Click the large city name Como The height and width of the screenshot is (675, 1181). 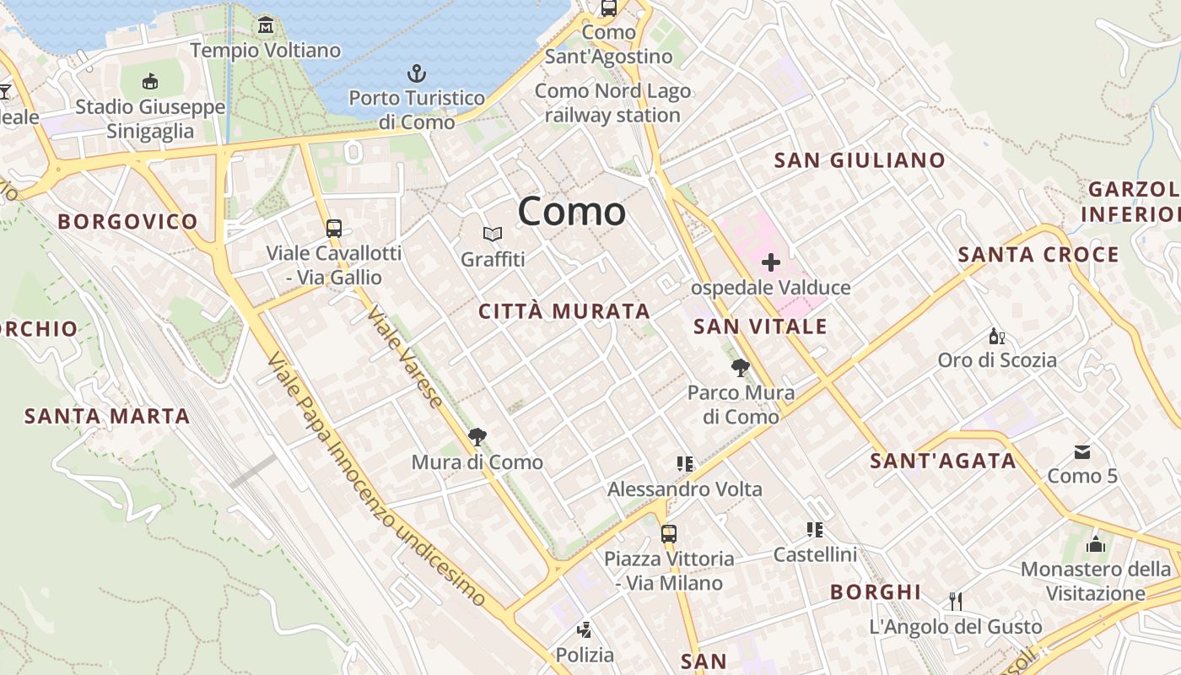coord(572,211)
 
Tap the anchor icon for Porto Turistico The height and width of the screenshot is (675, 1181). coord(417,73)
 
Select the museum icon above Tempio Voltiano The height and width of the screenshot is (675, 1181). coord(266,25)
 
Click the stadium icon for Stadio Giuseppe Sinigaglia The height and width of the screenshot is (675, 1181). coord(150,81)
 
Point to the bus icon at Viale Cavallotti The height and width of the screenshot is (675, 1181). coord(334,228)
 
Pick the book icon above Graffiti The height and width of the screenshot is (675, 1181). coord(493,234)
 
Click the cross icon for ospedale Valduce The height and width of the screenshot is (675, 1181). coord(770,262)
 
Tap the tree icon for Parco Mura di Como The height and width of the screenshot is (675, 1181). coord(741,367)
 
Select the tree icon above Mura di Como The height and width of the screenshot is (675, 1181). coord(477,436)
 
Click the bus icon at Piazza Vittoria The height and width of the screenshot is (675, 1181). coord(669,533)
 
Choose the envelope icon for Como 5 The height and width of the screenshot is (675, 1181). coord(1082,452)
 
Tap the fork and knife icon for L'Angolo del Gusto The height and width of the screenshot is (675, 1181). coord(956,601)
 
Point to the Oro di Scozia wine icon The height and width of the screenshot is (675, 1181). coord(996,336)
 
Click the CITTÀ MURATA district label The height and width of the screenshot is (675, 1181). coord(564,311)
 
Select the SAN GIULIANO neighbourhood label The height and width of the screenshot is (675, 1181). coord(860,160)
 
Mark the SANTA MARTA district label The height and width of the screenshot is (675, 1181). coord(107,416)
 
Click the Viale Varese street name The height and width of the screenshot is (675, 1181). coord(404,356)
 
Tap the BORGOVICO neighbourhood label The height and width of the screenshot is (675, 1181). coord(127,222)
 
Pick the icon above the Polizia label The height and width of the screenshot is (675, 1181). coord(584,629)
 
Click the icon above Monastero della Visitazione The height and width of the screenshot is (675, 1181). coord(1096,544)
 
